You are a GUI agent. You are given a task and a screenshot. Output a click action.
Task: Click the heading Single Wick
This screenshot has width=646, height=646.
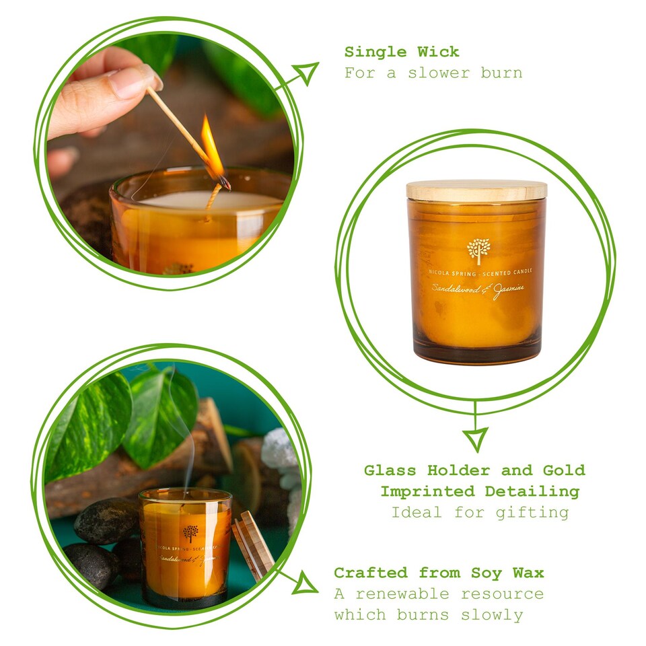[402, 52]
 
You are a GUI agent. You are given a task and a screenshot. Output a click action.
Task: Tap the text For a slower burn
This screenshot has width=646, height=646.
[433, 73]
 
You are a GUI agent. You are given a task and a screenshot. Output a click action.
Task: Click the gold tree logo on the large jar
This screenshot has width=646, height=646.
[478, 250]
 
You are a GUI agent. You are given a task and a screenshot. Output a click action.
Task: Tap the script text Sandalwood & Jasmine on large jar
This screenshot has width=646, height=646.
[478, 290]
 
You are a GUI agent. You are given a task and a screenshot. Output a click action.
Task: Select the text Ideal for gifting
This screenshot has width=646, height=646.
[479, 512]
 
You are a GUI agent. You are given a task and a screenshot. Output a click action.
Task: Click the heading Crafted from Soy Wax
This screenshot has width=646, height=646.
[439, 573]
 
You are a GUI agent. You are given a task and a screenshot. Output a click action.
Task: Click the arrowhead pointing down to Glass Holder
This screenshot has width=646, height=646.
[476, 439]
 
